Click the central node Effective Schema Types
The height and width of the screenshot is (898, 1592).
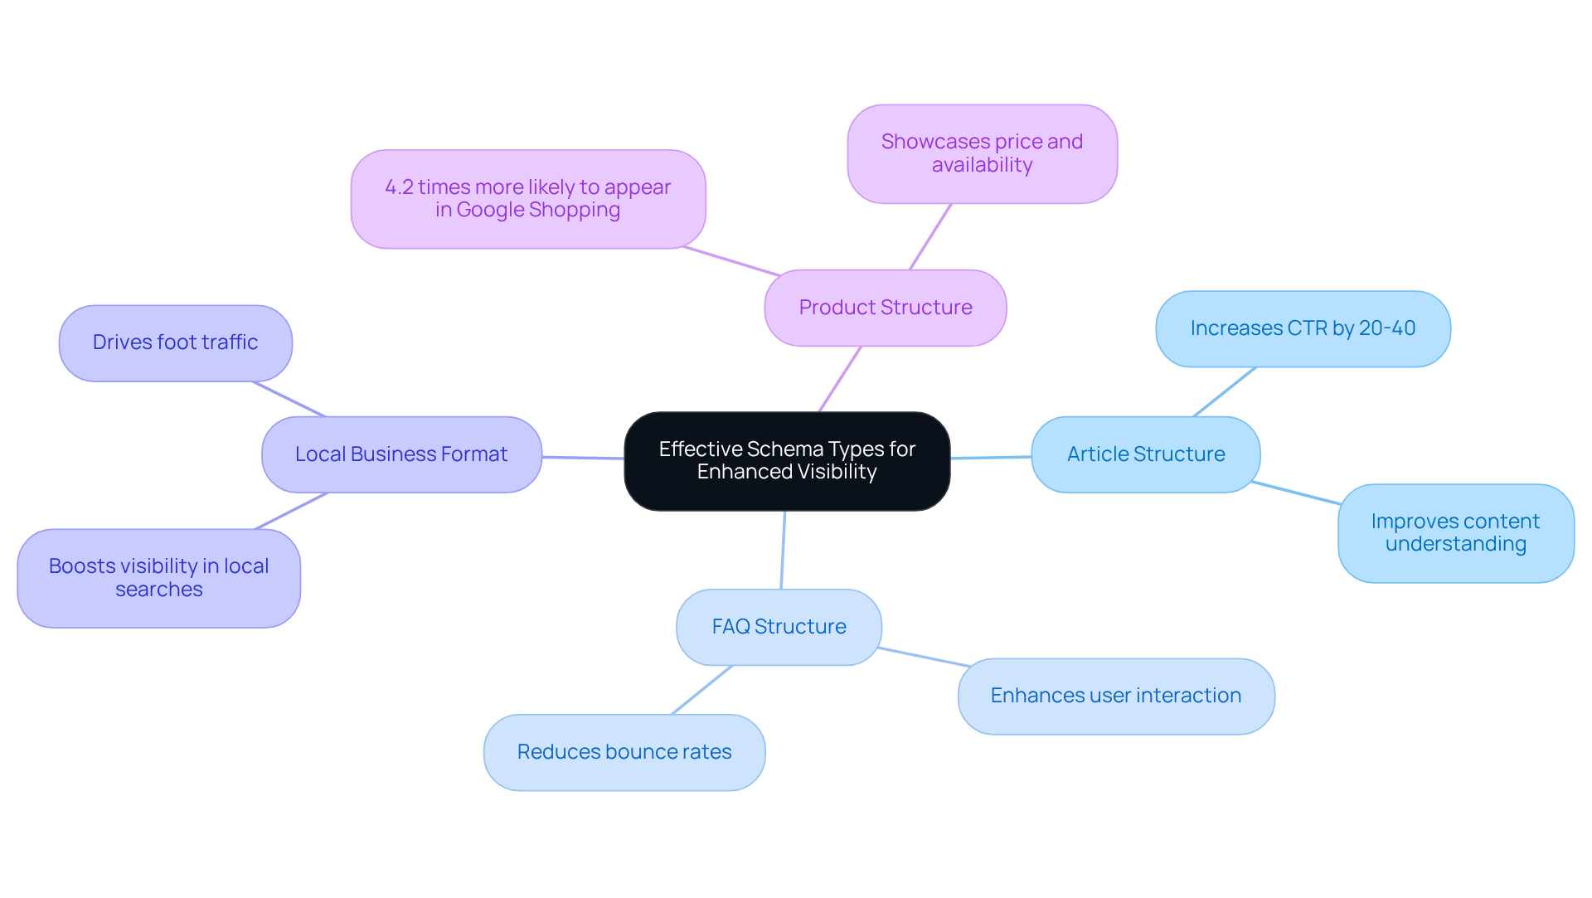pyautogui.click(x=787, y=461)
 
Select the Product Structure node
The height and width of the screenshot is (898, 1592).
pyautogui.click(x=885, y=308)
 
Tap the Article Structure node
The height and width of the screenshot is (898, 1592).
pyautogui.click(x=1145, y=454)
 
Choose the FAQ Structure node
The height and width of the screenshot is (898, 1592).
pyautogui.click(x=779, y=627)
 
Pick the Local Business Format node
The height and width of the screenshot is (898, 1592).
pyautogui.click(x=401, y=454)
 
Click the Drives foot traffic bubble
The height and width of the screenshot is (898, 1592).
pyautogui.click(x=175, y=342)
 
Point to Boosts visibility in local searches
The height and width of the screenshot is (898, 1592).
pyautogui.click(x=158, y=578)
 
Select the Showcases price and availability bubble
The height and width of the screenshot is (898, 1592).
pyautogui.click(x=982, y=153)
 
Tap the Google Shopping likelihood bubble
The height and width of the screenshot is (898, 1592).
pyautogui.click(x=527, y=199)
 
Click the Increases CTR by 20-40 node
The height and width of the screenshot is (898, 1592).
pyautogui.click(x=1302, y=328)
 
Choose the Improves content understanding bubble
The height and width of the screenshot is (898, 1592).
pyautogui.click(x=1455, y=533)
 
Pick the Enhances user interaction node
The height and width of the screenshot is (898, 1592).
pyautogui.click(x=1115, y=696)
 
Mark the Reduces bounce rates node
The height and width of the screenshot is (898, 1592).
pyautogui.click(x=624, y=752)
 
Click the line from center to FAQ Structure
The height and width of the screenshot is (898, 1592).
pyautogui.click(x=783, y=550)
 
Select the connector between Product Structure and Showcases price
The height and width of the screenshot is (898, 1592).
pyautogui.click(x=930, y=236)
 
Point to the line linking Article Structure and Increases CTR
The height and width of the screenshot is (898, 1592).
pyautogui.click(x=1225, y=391)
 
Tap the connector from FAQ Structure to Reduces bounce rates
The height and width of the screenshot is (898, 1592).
pyautogui.click(x=702, y=690)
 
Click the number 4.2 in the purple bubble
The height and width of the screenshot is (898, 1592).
pyautogui.click(x=399, y=187)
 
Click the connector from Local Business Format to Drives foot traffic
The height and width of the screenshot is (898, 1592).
pyautogui.click(x=289, y=399)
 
